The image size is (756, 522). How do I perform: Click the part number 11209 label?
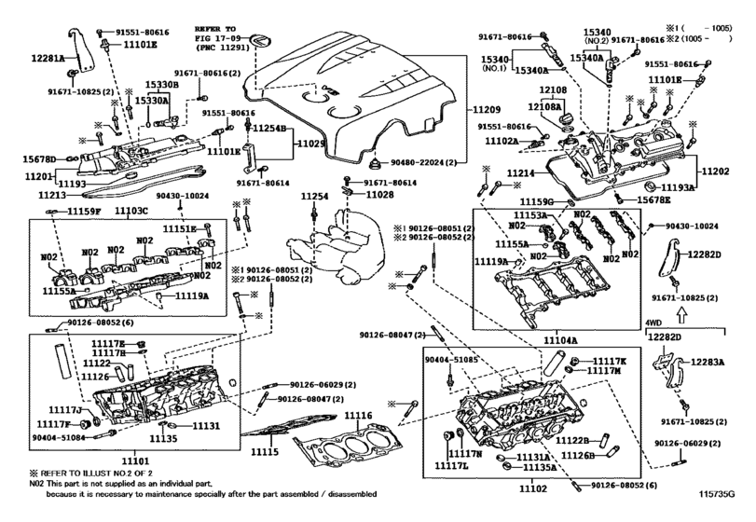pos(485,110)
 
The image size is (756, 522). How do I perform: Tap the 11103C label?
pos(131,213)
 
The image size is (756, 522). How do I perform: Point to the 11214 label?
pos(494,174)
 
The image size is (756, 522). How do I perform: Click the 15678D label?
pos(40,159)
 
